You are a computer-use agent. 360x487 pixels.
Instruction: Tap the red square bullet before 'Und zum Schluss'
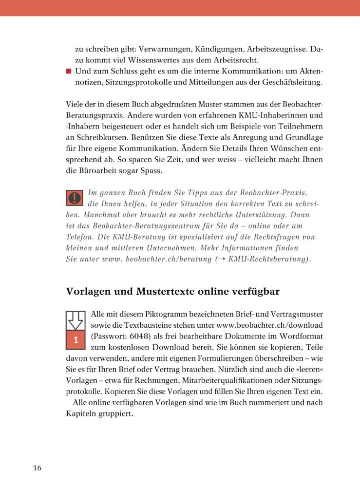click(x=69, y=71)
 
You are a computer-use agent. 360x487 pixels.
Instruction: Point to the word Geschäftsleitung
click(x=293, y=83)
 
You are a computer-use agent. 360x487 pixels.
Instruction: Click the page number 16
click(x=37, y=468)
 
